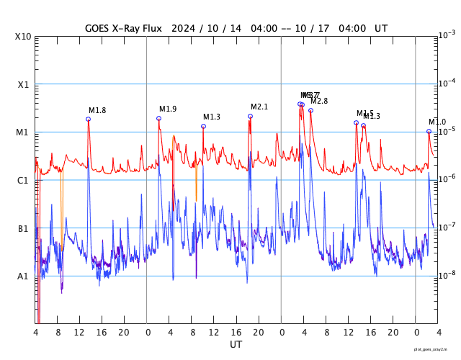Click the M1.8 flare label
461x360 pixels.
pyautogui.click(x=97, y=110)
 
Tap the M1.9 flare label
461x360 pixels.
pyautogui.click(x=168, y=109)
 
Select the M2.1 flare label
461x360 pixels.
pyautogui.click(x=259, y=107)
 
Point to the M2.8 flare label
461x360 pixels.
pyautogui.click(x=319, y=101)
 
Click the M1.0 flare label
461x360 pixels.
pyautogui.click(x=437, y=122)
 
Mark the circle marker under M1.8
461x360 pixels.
pyautogui.click(x=89, y=119)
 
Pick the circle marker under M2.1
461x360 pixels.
pyautogui.click(x=250, y=116)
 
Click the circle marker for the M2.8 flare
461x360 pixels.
pyautogui.click(x=310, y=110)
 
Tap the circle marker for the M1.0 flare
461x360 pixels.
pyautogui.click(x=429, y=131)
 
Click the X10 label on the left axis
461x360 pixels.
pyautogui.click(x=23, y=37)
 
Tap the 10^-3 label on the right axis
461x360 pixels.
pyautogui.click(x=447, y=35)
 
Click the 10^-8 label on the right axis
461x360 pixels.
pyautogui.click(x=447, y=275)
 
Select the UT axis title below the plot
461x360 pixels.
pyautogui.click(x=236, y=344)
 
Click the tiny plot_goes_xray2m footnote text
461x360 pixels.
pyautogui.click(x=435, y=349)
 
